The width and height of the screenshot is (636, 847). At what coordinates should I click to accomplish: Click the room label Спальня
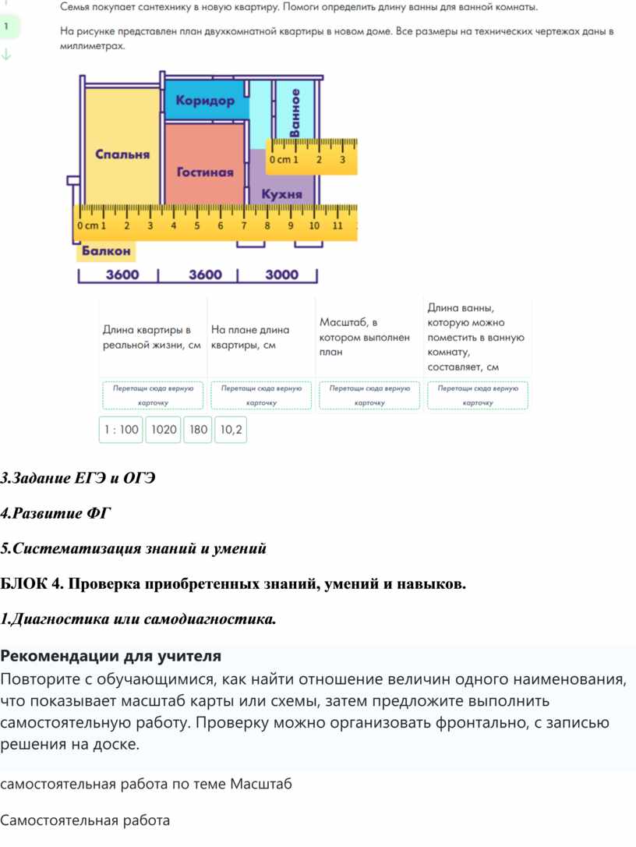tap(122, 154)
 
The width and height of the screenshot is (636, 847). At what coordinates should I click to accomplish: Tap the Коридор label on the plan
tap(205, 101)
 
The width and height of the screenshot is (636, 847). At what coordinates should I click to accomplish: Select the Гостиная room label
tap(205, 172)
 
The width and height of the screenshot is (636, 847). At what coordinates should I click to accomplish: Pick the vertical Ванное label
tap(295, 114)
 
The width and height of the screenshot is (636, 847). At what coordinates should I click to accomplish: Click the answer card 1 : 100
tap(121, 429)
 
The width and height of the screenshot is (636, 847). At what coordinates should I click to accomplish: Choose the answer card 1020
tap(164, 429)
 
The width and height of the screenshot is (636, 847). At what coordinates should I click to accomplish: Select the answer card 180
tap(199, 429)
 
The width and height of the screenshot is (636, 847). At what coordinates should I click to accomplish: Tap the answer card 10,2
tap(231, 429)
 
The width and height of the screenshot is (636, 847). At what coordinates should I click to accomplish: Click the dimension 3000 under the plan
tap(281, 275)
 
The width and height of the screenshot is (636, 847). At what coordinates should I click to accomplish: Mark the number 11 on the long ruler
tap(337, 225)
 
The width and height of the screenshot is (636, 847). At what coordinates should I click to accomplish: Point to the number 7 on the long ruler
tap(244, 225)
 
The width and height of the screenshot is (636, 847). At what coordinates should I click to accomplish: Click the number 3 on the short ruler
tap(342, 160)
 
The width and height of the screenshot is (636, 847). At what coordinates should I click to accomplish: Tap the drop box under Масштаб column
tap(369, 395)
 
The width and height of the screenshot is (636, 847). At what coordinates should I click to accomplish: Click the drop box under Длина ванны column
tap(478, 395)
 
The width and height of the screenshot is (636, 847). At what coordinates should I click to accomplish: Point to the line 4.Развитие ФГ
tap(56, 513)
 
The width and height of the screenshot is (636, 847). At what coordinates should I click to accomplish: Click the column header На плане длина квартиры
tap(249, 337)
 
